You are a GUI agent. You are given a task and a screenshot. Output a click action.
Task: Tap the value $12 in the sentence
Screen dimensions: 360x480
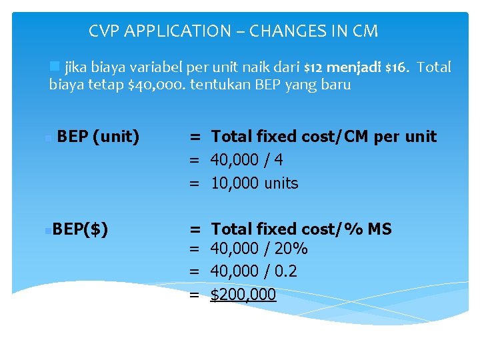(314, 67)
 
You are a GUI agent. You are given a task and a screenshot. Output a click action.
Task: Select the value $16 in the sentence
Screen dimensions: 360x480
(397, 67)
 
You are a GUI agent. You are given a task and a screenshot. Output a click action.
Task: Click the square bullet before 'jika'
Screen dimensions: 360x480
(55, 66)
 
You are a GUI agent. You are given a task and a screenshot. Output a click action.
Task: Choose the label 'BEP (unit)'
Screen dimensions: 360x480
(99, 137)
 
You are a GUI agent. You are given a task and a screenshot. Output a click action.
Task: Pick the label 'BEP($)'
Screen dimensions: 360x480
(81, 229)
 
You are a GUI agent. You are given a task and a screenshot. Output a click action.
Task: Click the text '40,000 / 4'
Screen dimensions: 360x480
(247, 160)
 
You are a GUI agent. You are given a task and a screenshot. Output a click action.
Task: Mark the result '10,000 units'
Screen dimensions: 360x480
(254, 183)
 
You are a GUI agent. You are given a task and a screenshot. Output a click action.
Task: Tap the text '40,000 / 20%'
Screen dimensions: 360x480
(259, 249)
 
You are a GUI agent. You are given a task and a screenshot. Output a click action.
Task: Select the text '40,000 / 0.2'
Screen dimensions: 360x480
(253, 271)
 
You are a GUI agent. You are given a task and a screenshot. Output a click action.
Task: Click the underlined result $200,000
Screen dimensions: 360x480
(243, 295)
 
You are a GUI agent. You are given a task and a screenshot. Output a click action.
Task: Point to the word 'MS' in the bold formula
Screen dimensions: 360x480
(379, 229)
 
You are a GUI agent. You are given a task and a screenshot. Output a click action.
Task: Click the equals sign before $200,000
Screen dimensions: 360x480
(194, 295)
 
